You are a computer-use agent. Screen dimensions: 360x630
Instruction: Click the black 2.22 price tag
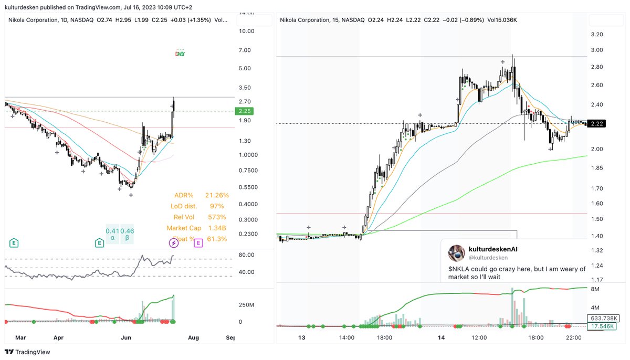pyautogui.click(x=596, y=123)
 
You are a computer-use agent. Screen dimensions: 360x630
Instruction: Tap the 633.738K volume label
pyautogui.click(x=604, y=318)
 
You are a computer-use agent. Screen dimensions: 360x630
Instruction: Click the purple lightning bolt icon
pyautogui.click(x=173, y=242)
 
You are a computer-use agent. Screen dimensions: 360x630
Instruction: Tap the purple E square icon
pyautogui.click(x=198, y=242)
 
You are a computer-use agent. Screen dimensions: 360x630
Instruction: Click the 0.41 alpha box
pyautogui.click(x=112, y=234)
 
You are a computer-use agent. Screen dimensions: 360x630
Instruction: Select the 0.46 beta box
pyautogui.click(x=127, y=234)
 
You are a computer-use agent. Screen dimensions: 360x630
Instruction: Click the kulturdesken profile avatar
pyautogui.click(x=456, y=253)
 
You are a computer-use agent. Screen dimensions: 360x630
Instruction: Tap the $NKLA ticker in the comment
pyautogui.click(x=458, y=269)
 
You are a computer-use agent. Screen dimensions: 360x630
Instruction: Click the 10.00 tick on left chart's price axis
pyautogui.click(x=247, y=31)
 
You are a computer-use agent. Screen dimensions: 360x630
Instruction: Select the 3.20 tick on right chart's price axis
pyautogui.click(x=597, y=34)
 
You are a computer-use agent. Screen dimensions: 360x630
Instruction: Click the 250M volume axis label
pyautogui.click(x=247, y=305)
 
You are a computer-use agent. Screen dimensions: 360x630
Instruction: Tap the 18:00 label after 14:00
pyautogui.click(x=384, y=338)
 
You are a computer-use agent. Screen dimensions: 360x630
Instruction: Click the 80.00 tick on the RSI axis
pyautogui.click(x=247, y=255)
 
